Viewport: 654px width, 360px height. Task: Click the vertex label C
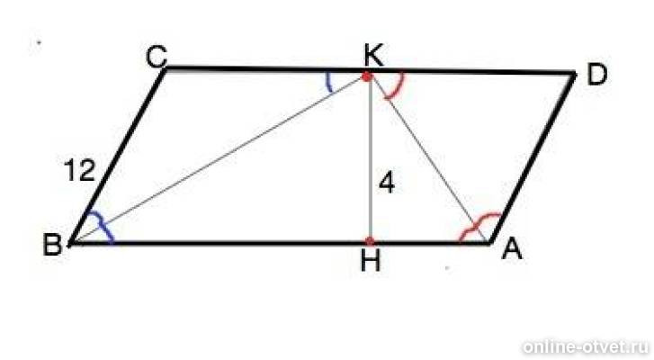(x=157, y=57)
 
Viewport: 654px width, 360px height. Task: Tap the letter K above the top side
(x=373, y=56)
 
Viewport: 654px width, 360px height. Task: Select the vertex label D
(x=596, y=75)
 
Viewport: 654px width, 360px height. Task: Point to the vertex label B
(x=52, y=245)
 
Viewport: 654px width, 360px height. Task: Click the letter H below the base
(x=371, y=262)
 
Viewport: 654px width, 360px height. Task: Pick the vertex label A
(x=512, y=250)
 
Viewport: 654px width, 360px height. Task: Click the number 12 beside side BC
(x=80, y=171)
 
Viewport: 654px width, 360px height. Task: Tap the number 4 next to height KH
(x=387, y=184)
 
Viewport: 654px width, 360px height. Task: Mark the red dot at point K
(x=367, y=76)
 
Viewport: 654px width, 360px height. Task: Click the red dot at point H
(x=370, y=240)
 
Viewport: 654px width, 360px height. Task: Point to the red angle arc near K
(x=399, y=88)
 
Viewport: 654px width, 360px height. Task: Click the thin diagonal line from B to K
(x=218, y=159)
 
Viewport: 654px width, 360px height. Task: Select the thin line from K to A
(x=428, y=159)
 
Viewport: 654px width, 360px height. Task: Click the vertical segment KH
(x=369, y=158)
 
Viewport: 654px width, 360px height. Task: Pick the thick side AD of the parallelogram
(x=533, y=157)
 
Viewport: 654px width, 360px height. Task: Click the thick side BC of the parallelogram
(x=118, y=155)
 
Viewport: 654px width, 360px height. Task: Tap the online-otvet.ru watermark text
(x=585, y=347)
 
